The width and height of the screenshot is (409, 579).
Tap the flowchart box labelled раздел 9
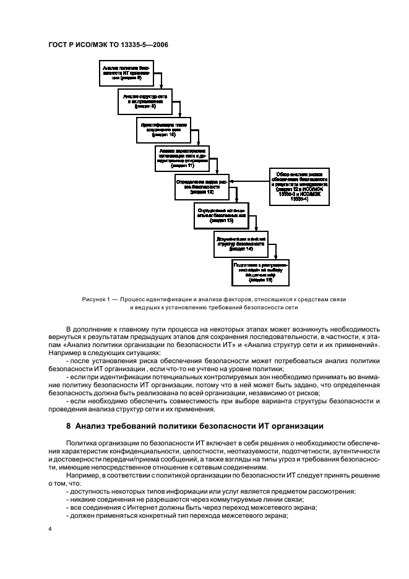click(144, 101)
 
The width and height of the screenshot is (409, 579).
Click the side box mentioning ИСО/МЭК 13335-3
click(303, 186)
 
